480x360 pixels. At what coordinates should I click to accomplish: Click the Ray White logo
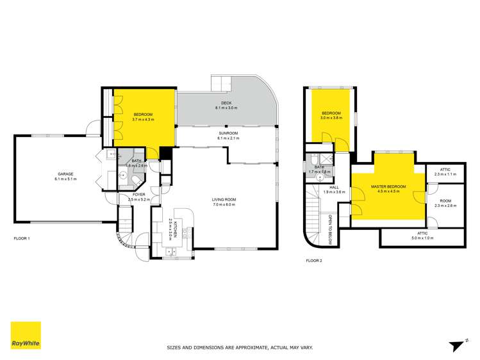26,336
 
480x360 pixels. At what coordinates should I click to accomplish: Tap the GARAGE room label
65,174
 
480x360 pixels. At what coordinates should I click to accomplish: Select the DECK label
226,103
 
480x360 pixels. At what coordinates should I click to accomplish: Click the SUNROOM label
228,133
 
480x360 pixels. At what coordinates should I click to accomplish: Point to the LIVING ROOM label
224,200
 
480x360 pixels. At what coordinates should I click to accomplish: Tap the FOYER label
139,194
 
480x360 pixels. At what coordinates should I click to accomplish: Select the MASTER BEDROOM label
386,186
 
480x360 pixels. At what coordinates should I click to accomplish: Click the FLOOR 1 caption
22,238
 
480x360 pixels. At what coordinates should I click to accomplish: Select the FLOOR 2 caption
314,261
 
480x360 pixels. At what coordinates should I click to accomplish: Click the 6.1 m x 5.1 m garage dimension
65,179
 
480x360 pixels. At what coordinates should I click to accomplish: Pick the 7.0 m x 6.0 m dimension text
224,205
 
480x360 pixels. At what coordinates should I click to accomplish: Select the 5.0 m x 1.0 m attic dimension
422,238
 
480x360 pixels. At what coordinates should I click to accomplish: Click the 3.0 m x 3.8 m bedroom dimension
332,119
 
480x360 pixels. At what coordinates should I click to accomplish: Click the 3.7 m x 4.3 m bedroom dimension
143,119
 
